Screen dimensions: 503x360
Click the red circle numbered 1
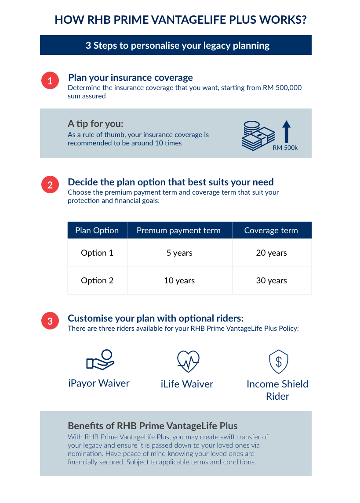[x=50, y=81]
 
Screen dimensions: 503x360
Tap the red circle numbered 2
[x=50, y=185]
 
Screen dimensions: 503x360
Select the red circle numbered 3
[x=50, y=321]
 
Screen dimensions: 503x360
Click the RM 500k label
[x=285, y=148]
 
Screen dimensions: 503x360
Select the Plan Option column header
[x=97, y=231]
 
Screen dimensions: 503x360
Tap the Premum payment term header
[x=178, y=231]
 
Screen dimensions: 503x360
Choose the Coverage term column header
[x=271, y=231]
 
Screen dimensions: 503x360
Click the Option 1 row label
[x=97, y=253]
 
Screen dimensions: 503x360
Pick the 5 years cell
[x=179, y=253]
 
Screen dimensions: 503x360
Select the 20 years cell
[x=271, y=253]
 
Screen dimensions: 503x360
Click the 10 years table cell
[x=179, y=281]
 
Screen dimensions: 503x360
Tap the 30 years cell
[x=271, y=281]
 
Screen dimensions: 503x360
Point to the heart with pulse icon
[x=188, y=361]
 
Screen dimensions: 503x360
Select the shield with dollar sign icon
[x=278, y=362]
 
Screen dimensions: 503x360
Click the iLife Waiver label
[x=187, y=384]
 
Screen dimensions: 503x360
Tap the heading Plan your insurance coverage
[x=130, y=78]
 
